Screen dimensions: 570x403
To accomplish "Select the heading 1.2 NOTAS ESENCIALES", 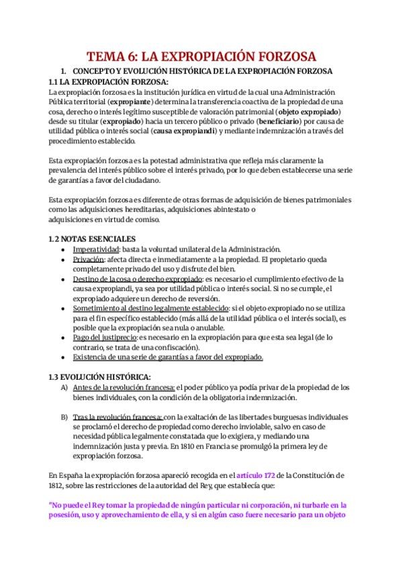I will tap(92, 239).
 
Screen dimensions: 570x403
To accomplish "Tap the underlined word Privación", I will tap(89, 259).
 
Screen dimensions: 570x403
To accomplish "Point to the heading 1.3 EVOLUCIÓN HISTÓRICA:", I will tap(100, 376).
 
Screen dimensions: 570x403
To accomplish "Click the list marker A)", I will tap(64, 387).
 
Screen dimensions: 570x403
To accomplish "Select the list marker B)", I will tap(64, 417).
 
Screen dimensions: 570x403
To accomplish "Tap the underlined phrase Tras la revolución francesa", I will tap(117, 417).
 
